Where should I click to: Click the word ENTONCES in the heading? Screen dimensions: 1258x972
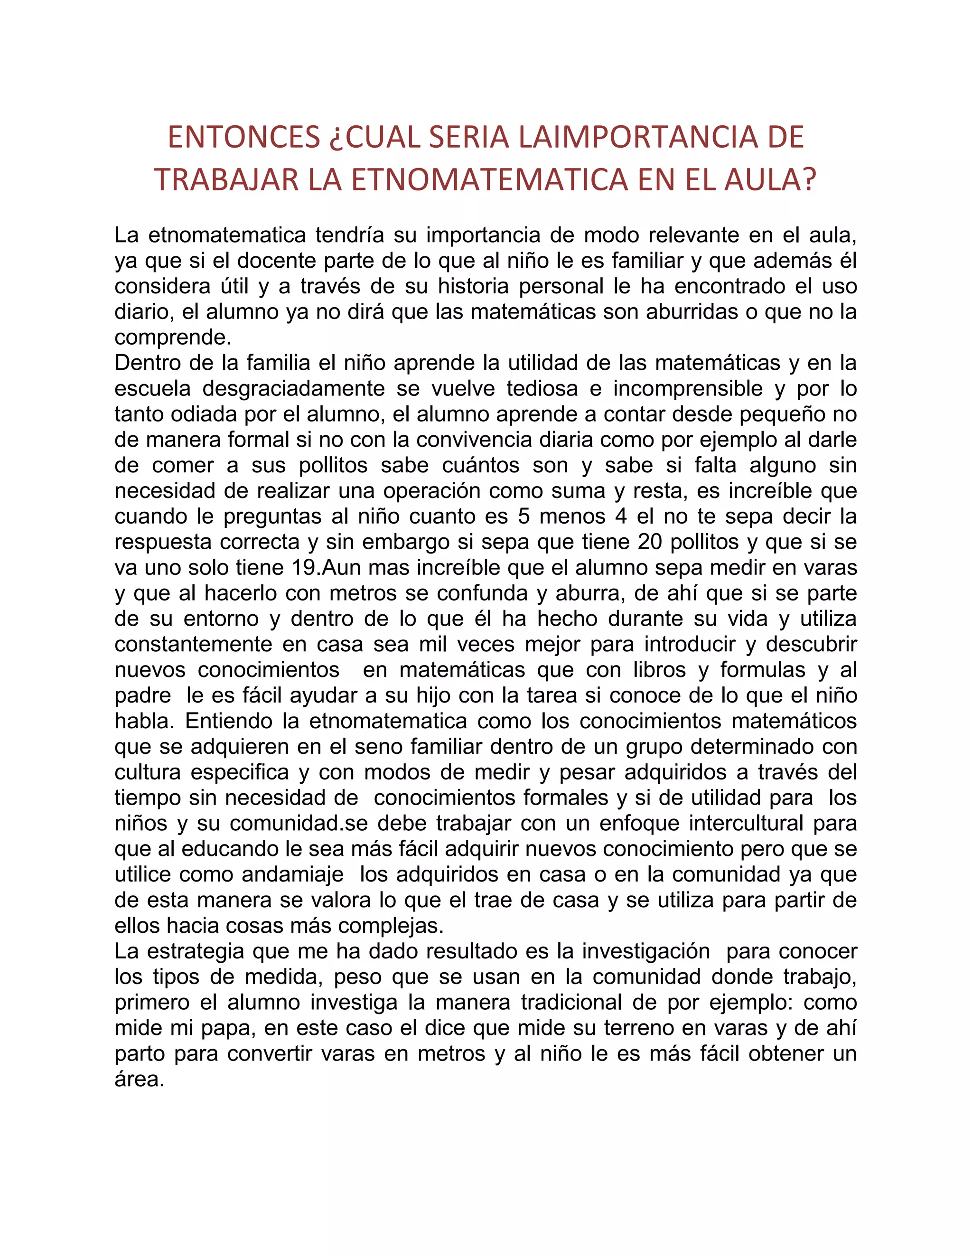coord(243,137)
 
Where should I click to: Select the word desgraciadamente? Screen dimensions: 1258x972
coord(294,388)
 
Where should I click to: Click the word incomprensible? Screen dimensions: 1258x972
coord(688,388)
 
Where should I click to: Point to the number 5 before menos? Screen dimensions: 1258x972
coord(523,516)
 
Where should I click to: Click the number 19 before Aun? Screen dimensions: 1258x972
coord(305,567)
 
